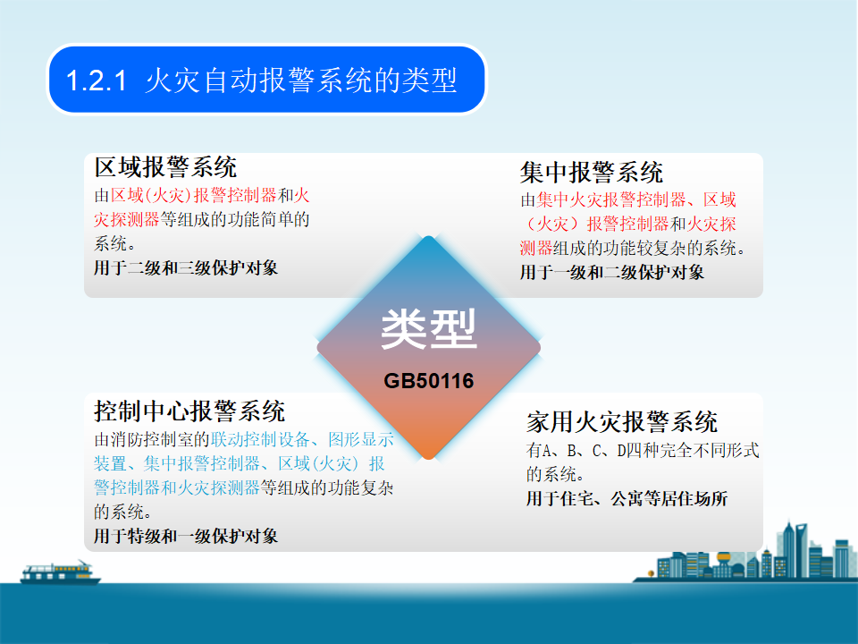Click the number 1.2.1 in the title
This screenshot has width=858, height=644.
97,80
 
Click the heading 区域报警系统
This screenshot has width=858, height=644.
165,167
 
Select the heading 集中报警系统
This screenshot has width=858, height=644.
592,173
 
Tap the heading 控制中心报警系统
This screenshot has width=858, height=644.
189,411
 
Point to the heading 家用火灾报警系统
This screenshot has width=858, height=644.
622,421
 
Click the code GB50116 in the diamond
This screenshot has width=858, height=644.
428,381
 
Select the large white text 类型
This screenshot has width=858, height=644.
428,328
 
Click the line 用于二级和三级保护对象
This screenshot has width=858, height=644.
186,267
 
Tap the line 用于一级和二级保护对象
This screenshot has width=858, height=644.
611,272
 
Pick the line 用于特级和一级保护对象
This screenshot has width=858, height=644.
186,536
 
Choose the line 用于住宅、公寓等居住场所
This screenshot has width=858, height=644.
627,498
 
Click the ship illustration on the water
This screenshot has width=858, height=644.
60,572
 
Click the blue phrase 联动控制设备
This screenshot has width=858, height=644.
260,439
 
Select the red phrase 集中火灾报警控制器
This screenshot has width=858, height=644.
611,199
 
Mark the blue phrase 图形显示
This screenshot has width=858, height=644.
360,439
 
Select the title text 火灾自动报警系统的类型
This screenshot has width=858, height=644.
301,80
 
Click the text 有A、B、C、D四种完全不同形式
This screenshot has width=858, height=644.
643,450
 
